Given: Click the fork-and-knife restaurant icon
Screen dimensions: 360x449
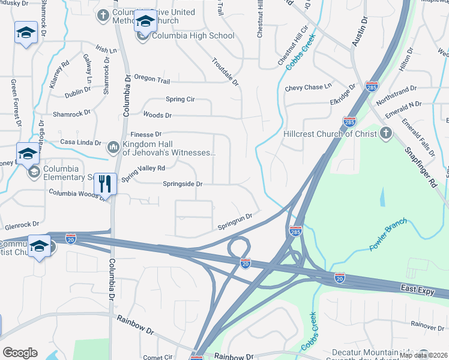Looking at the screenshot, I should (x=105, y=184).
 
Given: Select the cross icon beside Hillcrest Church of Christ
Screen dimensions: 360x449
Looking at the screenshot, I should (x=385, y=133).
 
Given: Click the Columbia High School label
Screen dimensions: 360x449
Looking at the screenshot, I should (x=193, y=36).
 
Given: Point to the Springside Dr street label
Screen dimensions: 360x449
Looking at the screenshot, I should (x=183, y=184).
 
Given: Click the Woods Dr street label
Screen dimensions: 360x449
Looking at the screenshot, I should (x=157, y=115).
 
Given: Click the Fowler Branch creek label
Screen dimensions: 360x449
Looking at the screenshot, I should (x=388, y=235).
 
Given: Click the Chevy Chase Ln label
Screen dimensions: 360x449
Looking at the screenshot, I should (x=309, y=88).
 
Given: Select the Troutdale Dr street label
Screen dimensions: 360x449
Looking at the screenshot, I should (x=225, y=71).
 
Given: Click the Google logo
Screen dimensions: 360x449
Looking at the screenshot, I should (x=20, y=353).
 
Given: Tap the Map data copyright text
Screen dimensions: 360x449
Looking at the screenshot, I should (x=423, y=355).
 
